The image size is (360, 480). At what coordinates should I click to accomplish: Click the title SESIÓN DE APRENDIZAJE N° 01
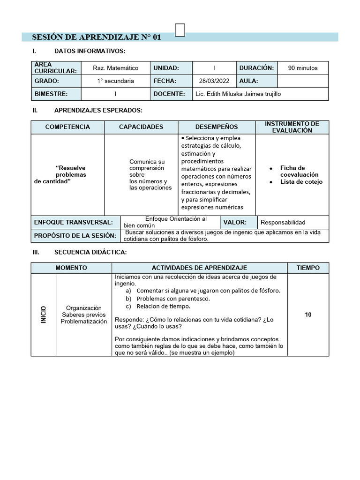96,37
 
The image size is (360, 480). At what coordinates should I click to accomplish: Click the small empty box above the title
180,30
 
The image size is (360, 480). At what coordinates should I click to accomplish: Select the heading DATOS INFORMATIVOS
90,51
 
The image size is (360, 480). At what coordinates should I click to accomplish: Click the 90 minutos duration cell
303,68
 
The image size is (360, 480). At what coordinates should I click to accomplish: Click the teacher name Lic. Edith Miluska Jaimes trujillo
239,94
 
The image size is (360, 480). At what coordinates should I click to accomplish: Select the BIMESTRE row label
51,94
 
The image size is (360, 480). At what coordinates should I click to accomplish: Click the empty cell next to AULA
303,81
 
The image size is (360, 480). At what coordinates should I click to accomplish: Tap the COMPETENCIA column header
67,127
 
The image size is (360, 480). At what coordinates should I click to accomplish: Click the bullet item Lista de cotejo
301,182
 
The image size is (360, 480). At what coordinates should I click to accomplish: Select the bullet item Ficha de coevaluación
299,171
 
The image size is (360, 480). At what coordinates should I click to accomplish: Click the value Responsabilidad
283,222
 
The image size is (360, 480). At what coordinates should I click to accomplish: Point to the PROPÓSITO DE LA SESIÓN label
75,235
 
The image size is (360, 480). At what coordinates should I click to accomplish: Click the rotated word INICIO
44,315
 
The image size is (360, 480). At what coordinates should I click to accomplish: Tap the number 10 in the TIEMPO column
308,315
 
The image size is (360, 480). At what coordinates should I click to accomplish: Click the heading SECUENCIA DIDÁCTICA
90,252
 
